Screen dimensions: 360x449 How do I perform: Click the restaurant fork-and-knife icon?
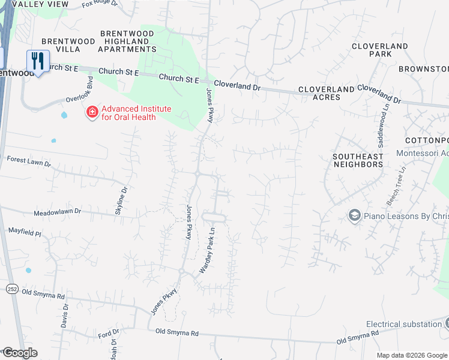click(38, 61)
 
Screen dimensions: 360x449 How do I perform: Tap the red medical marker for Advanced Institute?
click(92, 112)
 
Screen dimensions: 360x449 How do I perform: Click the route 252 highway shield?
click(13, 289)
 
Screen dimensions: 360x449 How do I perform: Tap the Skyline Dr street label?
click(122, 200)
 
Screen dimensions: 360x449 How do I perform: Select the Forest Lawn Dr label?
click(29, 161)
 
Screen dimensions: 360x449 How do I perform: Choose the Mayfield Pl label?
click(25, 230)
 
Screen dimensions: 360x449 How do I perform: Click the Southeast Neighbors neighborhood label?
click(358, 160)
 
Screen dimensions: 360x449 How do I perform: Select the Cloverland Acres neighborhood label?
click(327, 94)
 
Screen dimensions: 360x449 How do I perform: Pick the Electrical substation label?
click(403, 324)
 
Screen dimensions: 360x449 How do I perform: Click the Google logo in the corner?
click(19, 353)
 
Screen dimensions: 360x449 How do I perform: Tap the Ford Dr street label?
click(109, 333)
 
